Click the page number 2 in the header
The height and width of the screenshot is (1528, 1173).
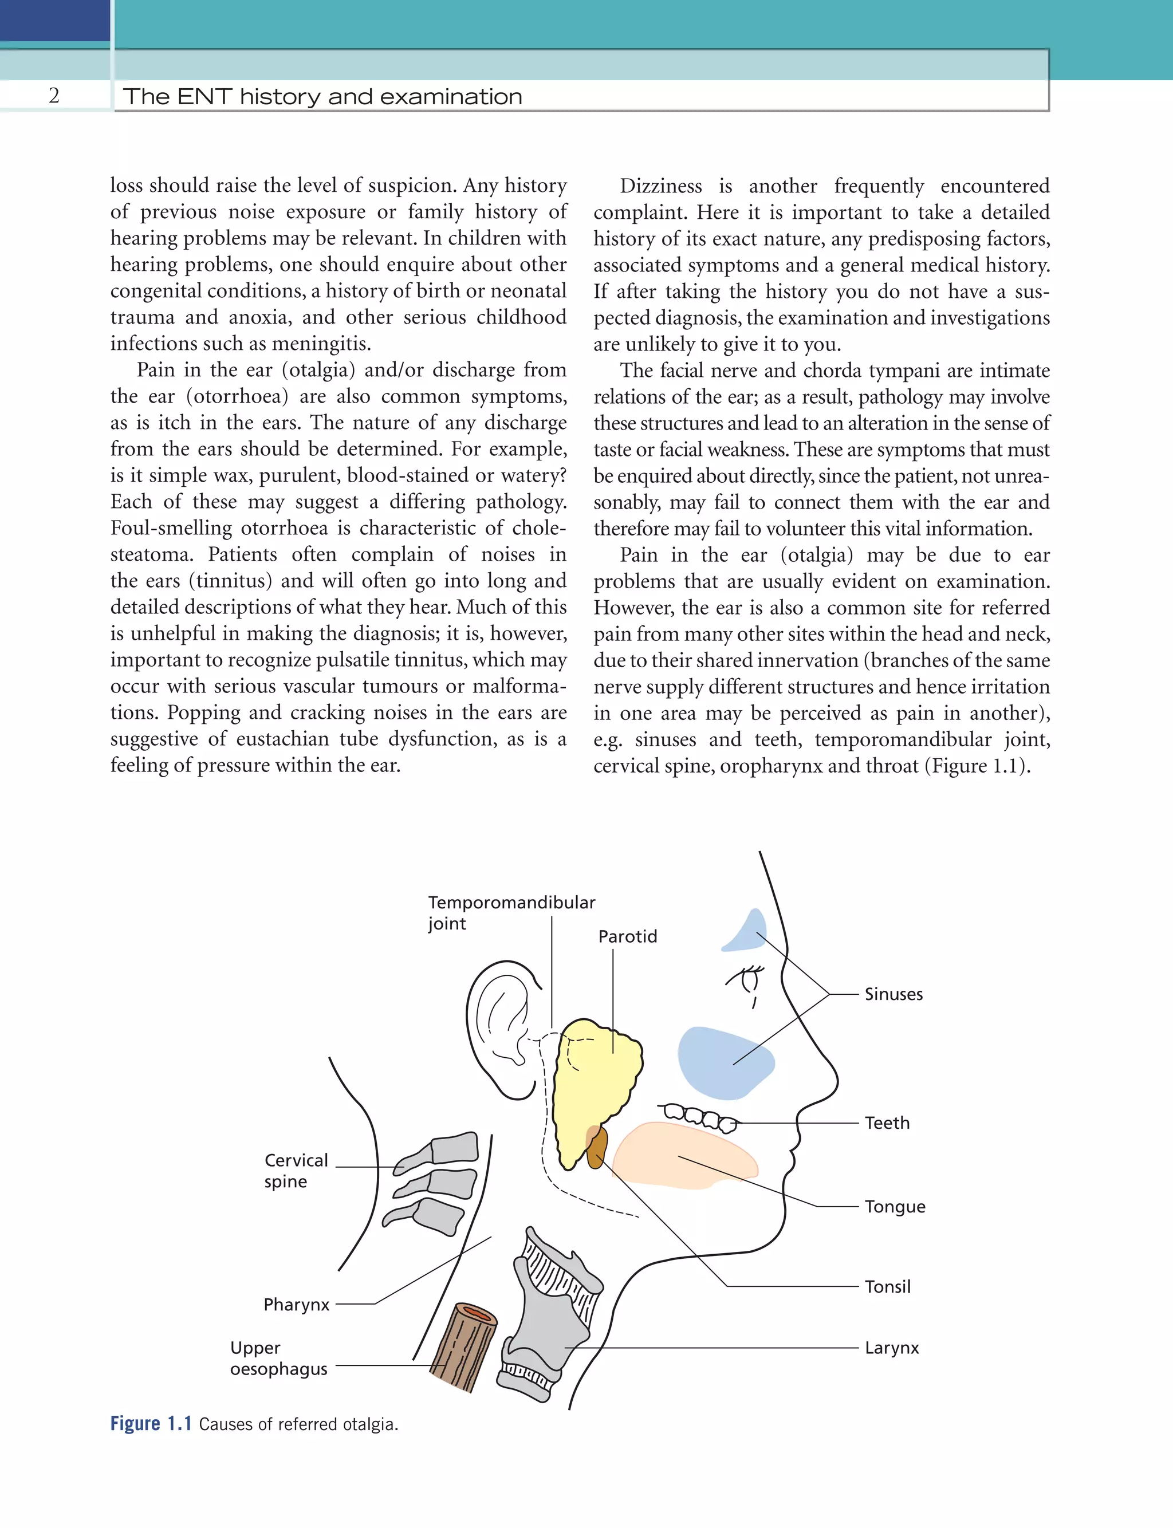[x=54, y=96]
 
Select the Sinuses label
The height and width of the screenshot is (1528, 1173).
[x=893, y=994]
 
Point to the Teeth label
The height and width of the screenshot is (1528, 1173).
[x=887, y=1123]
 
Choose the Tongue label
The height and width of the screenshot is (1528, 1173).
[x=895, y=1207]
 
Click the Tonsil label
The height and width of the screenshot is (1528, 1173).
[x=887, y=1286]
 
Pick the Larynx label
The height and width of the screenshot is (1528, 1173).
[x=892, y=1348]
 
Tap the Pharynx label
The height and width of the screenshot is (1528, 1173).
[x=296, y=1305]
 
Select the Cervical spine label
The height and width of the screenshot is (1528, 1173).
[x=296, y=1171]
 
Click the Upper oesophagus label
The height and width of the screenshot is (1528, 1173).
[x=278, y=1358]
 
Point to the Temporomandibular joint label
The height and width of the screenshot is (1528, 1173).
[x=510, y=912]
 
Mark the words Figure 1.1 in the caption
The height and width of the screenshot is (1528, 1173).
[x=151, y=1424]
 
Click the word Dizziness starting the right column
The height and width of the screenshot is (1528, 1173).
[x=660, y=186]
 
